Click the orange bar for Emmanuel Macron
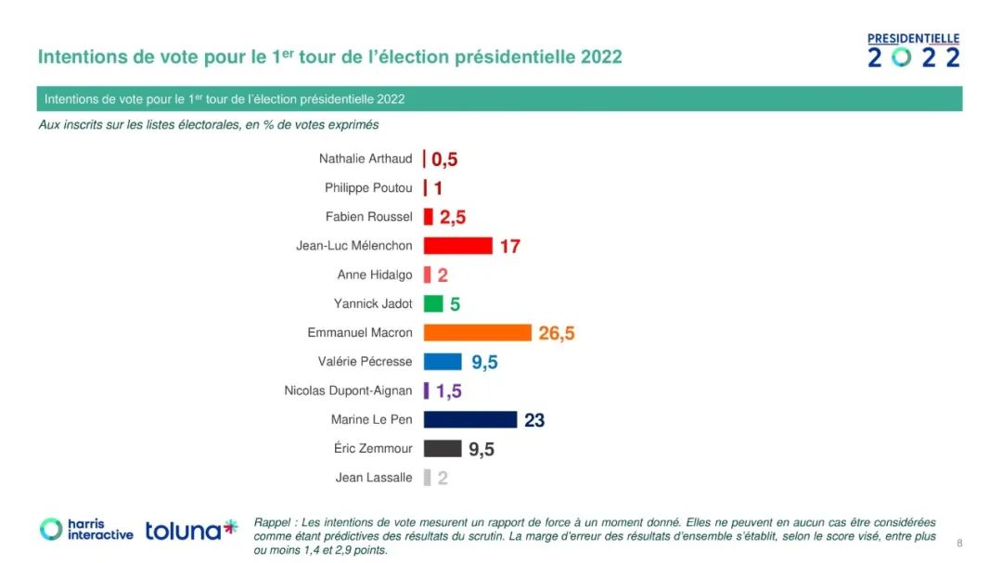477,332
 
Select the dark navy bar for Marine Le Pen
470,419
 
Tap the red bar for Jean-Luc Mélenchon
457,246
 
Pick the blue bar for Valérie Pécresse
443,362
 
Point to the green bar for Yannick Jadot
433,303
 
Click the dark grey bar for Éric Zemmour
443,449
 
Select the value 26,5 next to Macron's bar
557,333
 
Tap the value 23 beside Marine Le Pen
534,420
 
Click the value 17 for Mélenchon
510,247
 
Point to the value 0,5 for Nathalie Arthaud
444,160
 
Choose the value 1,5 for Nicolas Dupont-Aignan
449,391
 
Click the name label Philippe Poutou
368,188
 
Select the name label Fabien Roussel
368,217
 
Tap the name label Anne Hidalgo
375,275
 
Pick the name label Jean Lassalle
374,478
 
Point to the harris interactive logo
86,530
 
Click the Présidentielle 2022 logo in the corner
913,51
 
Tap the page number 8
959,544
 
